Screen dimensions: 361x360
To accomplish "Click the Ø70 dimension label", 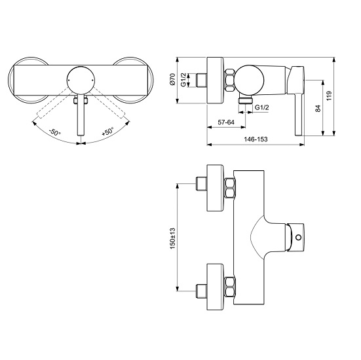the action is click(173, 80).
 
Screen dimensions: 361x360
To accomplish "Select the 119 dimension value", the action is click(330, 96).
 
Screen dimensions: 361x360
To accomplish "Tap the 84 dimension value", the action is click(318, 109).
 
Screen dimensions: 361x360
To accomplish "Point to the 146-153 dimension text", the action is click(256, 139).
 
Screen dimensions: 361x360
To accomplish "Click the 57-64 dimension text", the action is click(226, 122).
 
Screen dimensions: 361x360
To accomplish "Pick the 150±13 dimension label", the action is click(173, 238).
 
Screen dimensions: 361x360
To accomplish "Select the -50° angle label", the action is click(55, 132).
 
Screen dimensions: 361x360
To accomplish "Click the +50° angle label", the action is click(107, 132).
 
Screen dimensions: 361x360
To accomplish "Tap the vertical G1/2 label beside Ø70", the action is click(183, 80).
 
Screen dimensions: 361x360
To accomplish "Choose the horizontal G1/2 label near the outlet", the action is click(262, 107).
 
